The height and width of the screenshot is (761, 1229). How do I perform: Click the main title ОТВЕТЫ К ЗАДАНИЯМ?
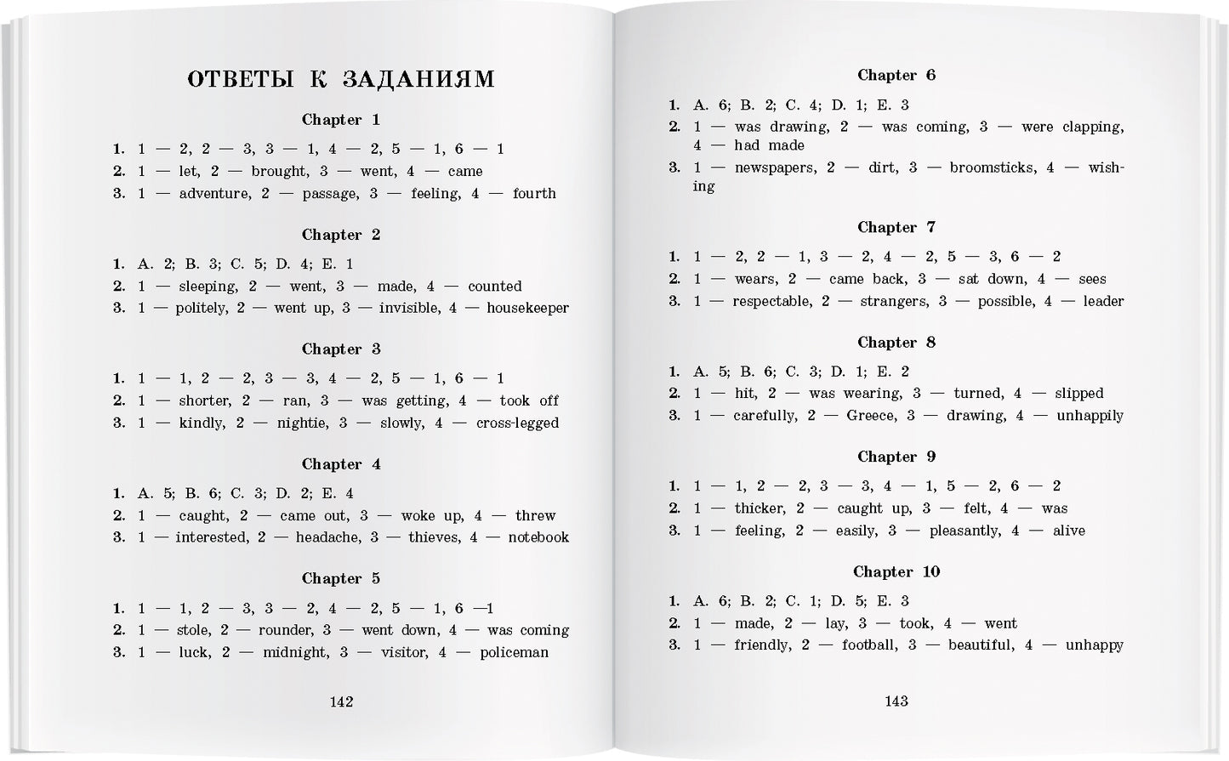coord(340,79)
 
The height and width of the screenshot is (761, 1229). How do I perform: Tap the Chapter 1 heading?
coord(341,120)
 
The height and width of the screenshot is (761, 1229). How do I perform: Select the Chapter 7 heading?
coord(896,227)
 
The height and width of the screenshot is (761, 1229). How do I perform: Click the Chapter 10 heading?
coord(896,571)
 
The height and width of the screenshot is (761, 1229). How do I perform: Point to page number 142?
coord(341,701)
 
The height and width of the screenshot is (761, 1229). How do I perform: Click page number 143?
coord(896,701)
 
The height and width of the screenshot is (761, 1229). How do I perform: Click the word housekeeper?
coord(527,309)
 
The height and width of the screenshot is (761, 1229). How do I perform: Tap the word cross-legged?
coord(517,423)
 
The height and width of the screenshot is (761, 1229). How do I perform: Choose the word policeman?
coord(514,653)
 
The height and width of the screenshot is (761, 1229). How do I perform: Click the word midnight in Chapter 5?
coord(295,653)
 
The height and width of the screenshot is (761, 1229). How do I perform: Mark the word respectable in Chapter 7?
coord(771,301)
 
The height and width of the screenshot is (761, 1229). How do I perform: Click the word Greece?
coord(871,416)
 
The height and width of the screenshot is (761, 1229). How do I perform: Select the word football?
coord(869,645)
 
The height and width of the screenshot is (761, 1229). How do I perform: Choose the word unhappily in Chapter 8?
coord(1090,416)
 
